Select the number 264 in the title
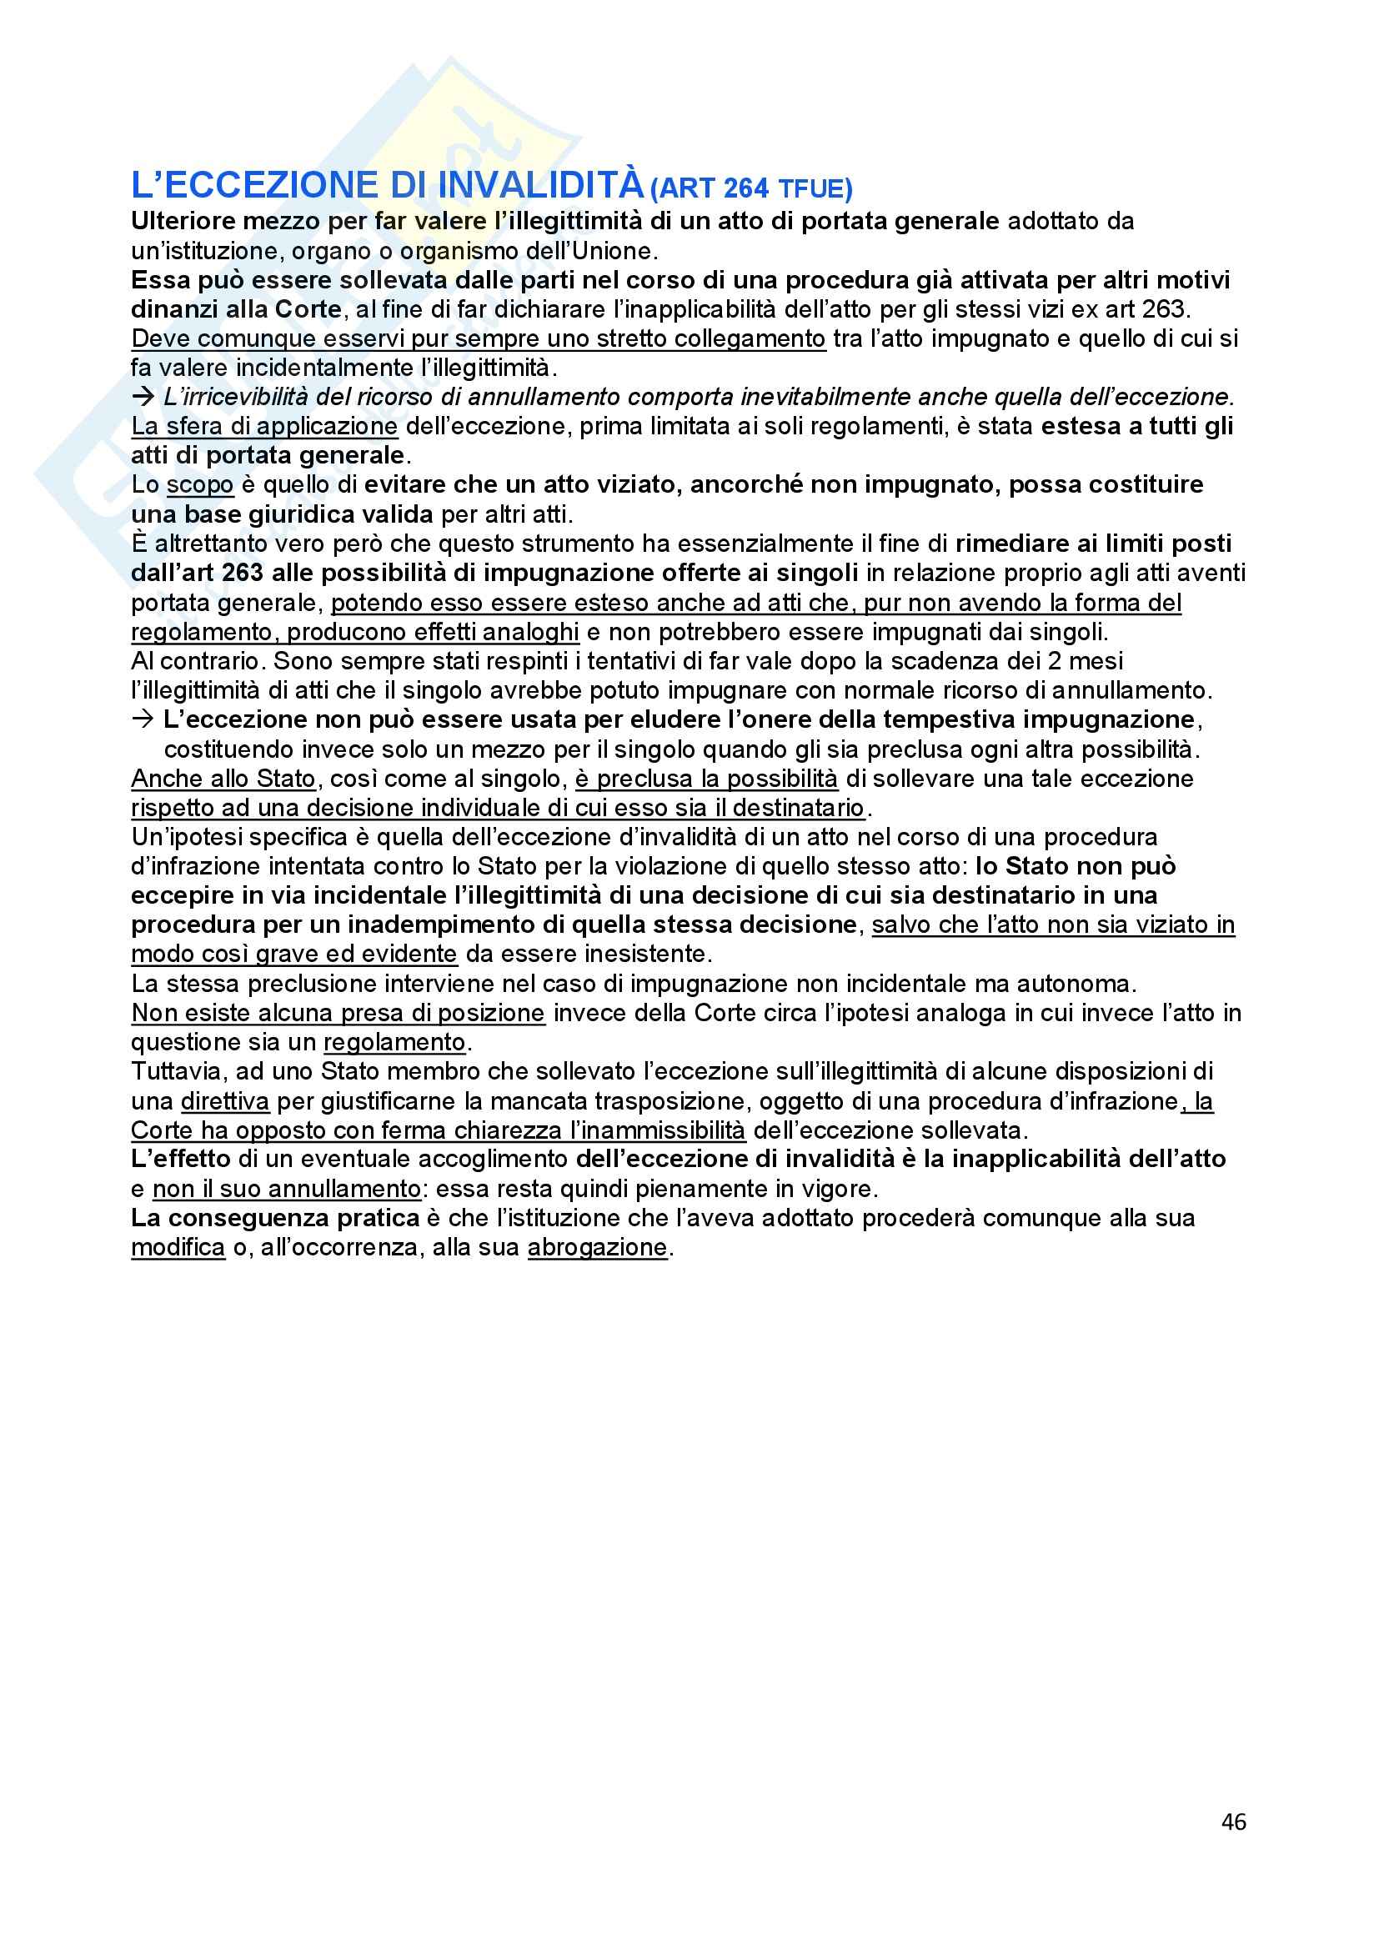point(746,188)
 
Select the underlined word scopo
point(199,484)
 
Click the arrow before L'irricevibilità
point(143,397)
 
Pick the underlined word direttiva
point(225,1101)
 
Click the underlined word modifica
point(178,1247)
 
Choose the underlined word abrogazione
point(597,1247)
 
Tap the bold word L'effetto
point(181,1159)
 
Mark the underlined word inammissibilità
point(657,1130)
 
